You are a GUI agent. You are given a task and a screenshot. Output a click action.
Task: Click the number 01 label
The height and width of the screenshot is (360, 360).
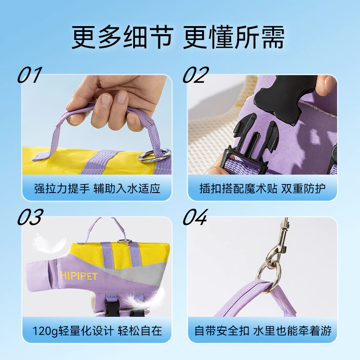[30, 75]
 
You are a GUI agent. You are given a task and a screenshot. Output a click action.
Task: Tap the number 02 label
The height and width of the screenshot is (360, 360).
[196, 75]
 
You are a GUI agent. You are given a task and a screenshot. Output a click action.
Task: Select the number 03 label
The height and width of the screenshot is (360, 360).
[30, 217]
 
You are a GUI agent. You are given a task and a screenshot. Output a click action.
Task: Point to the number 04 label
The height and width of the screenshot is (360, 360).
[195, 217]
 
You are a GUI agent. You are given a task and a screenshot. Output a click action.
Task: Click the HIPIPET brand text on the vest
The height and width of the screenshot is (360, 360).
[79, 276]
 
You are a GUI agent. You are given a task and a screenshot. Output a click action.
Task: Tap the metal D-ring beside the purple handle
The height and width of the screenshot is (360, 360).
[154, 155]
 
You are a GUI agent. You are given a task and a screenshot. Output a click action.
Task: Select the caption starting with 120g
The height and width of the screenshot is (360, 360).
[97, 331]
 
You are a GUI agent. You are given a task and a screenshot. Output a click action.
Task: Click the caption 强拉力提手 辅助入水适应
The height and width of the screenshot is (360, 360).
[97, 189]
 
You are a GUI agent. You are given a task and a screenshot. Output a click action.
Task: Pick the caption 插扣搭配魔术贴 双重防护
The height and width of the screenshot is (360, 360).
[262, 189]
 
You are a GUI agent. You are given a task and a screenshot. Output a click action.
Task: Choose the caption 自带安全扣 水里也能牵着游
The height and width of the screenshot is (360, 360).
[263, 331]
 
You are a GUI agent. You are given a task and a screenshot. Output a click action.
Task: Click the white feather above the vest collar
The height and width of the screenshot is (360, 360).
[49, 243]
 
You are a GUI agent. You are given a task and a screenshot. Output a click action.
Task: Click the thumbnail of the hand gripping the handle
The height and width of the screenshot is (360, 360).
[97, 125]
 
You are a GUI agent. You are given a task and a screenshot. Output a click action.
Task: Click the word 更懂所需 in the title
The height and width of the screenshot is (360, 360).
[234, 37]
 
